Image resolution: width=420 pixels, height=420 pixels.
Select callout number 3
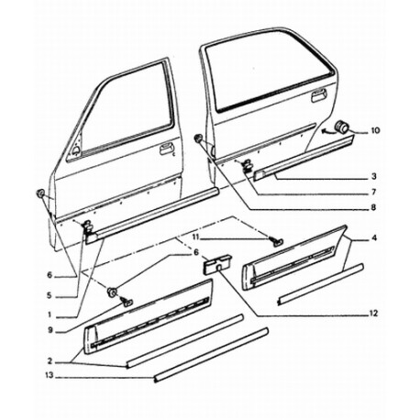pos(374,176)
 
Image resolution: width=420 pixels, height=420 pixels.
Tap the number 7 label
pos(374,192)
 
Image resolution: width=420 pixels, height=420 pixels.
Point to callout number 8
pos(373,208)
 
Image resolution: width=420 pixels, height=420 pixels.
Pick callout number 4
pos(374,238)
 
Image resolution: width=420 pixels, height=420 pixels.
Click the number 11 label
pos(196,236)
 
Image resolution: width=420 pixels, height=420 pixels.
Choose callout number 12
pos(374,314)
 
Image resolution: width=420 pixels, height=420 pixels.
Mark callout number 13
pos(50,375)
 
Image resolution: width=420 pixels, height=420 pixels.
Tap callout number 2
pos(50,361)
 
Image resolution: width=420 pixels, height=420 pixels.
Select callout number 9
pos(50,330)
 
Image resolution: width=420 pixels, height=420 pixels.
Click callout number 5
pos(50,295)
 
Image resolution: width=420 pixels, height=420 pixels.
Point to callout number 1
pos(50,314)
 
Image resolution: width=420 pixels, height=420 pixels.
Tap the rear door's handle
pos(318,95)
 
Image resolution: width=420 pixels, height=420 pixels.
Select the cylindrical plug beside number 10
pos(342,127)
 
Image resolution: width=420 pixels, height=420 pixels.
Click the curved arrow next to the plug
pos(328,131)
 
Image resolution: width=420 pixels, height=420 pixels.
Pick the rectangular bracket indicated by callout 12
pos(216,264)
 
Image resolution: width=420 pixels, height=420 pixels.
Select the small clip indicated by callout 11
pos(276,241)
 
